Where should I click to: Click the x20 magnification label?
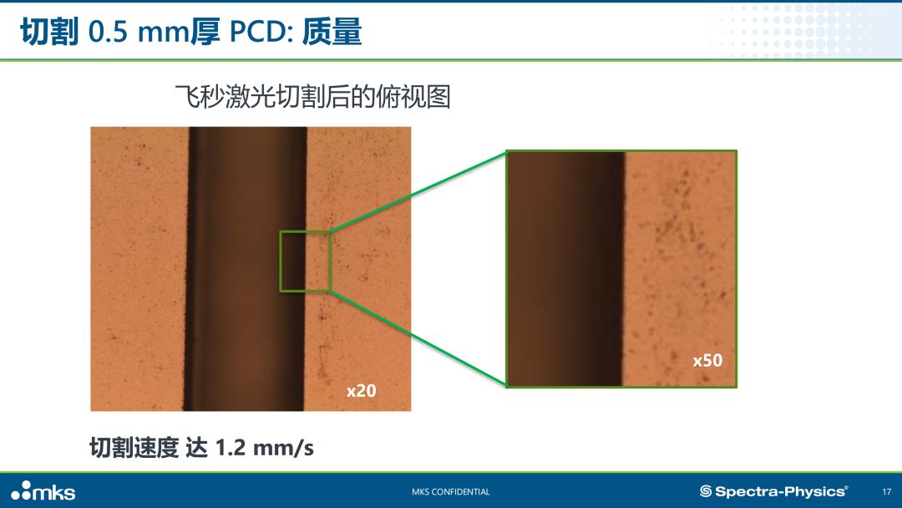pos(362,391)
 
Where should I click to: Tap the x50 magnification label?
pos(707,360)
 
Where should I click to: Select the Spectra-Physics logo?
pos(773,491)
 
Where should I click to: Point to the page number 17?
pos(886,492)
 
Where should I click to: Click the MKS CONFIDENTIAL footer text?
pos(451,492)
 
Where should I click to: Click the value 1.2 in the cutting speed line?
pos(231,448)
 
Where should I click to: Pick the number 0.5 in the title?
pos(108,31)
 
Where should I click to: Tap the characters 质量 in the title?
pos(332,31)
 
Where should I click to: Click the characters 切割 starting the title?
pos(49,31)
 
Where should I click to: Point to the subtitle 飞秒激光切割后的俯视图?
pos(312,96)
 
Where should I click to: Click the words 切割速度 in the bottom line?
pos(134,448)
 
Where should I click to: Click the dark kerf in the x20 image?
pos(246,269)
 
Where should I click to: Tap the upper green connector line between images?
pos(418,191)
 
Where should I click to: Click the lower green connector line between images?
pos(418,338)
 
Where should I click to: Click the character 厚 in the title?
pos(205,31)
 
